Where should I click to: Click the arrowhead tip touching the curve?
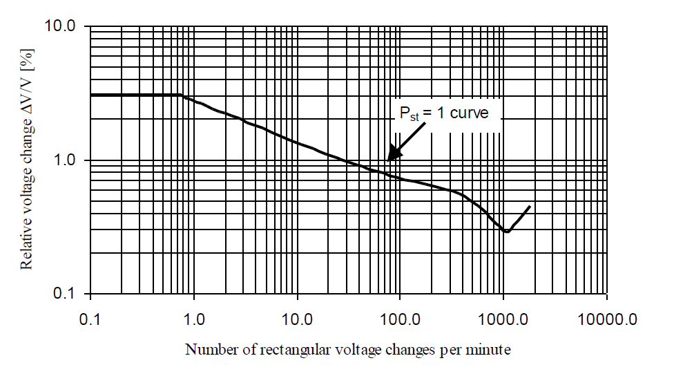pos(388,160)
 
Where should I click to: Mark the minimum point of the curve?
pos(507,232)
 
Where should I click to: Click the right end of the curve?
pos(530,206)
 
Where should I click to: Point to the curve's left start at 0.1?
pos(91,95)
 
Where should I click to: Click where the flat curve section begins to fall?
pos(181,95)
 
